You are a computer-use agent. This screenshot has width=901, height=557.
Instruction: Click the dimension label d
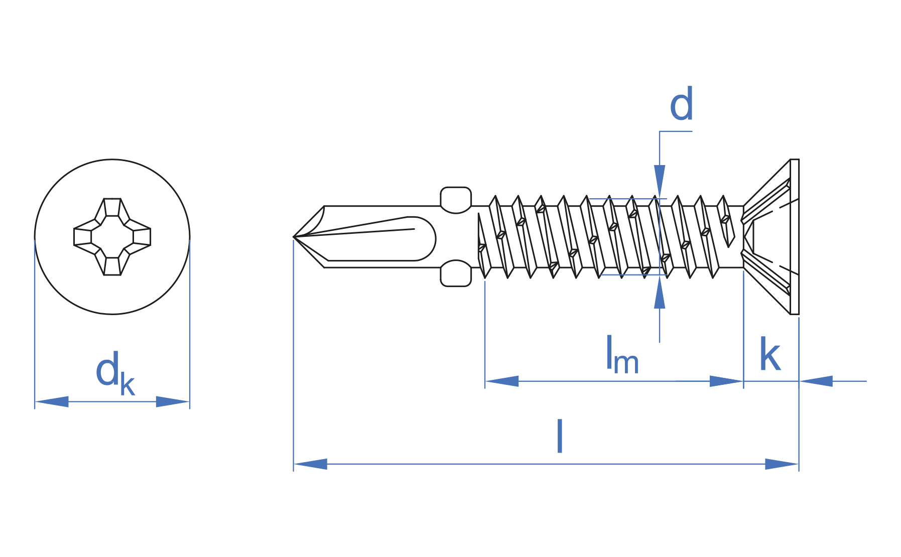click(x=682, y=104)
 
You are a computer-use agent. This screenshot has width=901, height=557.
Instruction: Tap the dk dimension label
click(x=115, y=373)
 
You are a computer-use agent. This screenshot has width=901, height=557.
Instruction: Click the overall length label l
click(x=560, y=437)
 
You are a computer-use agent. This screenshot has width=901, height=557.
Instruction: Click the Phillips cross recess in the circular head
click(x=112, y=237)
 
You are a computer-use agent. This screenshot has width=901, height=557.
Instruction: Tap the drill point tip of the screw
click(x=294, y=237)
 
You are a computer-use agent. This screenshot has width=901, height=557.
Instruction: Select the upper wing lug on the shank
click(x=456, y=200)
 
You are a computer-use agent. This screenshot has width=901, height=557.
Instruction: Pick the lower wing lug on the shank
click(x=456, y=273)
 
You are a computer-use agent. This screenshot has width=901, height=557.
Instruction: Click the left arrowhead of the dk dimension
click(x=52, y=401)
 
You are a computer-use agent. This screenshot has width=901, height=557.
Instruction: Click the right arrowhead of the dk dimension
click(x=173, y=401)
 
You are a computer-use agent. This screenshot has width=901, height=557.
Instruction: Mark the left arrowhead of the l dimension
click(x=311, y=464)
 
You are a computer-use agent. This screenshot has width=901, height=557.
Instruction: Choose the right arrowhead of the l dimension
click(x=782, y=464)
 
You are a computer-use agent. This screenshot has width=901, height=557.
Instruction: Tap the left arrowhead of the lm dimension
click(x=502, y=381)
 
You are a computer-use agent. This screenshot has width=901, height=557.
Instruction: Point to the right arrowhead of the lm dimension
click(x=726, y=381)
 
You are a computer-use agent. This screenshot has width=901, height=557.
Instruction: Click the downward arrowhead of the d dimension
click(x=660, y=182)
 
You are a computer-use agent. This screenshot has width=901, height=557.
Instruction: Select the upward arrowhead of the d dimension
click(x=660, y=292)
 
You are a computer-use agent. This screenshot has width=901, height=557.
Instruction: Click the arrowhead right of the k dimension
click(x=816, y=381)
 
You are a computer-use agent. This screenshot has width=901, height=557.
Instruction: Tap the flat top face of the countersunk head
click(x=795, y=237)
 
